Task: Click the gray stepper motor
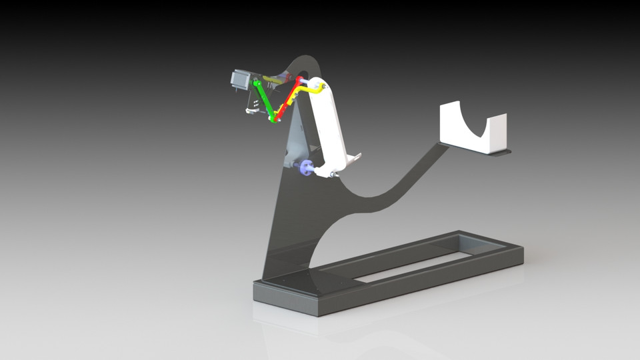(x=240, y=79)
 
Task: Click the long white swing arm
(x=331, y=127)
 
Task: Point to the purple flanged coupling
(x=306, y=168)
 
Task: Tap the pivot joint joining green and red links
(x=275, y=119)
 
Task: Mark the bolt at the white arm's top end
(x=322, y=87)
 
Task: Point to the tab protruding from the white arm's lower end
(x=354, y=159)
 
